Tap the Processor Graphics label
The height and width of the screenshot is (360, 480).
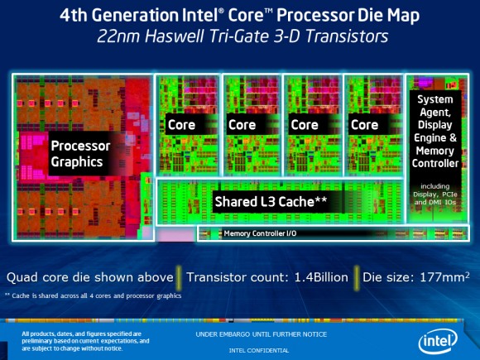click(x=80, y=153)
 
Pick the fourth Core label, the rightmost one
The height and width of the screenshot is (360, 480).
click(x=366, y=125)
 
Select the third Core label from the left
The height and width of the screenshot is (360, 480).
click(x=304, y=125)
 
